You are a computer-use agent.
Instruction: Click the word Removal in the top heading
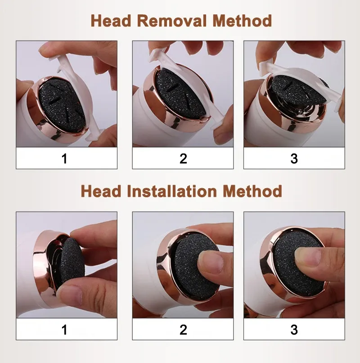(171, 21)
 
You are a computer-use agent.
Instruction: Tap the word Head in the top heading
(111, 21)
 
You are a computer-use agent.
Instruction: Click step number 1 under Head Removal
(64, 159)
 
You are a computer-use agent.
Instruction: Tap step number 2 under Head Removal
(183, 159)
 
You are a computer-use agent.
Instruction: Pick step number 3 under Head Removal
(294, 159)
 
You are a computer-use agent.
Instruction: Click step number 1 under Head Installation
(64, 330)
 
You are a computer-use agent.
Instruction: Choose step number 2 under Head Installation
(183, 330)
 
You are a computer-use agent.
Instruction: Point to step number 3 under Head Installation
(294, 330)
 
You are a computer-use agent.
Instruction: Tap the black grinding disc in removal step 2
(180, 94)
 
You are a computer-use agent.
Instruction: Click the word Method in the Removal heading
(242, 21)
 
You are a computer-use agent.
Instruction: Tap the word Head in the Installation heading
(101, 191)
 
